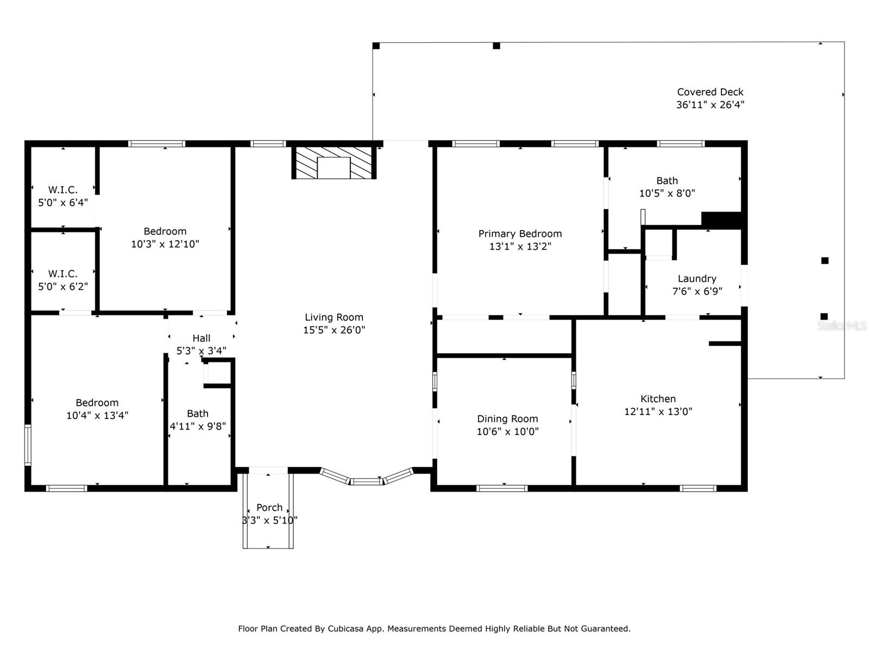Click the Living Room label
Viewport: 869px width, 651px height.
[333, 317]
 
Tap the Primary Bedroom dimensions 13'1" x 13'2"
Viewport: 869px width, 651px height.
[520, 246]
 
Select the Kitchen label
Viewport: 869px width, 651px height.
[658, 398]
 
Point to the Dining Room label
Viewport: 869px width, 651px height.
[507, 419]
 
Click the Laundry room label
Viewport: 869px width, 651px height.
[697, 279]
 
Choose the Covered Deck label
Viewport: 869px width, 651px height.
[710, 92]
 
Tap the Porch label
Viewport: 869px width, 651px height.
[269, 507]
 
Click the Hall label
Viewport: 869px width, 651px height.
[201, 338]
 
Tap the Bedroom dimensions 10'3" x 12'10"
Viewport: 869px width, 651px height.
[165, 244]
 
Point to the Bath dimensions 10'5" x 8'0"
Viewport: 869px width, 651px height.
[667, 193]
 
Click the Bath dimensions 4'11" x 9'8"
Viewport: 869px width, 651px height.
[198, 426]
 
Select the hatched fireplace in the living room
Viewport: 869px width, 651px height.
[333, 162]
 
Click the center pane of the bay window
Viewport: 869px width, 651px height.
[366, 481]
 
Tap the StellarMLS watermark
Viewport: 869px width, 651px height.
[842, 325]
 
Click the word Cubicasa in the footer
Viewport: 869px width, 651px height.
[345, 628]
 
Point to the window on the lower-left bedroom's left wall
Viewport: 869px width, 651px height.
[28, 445]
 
